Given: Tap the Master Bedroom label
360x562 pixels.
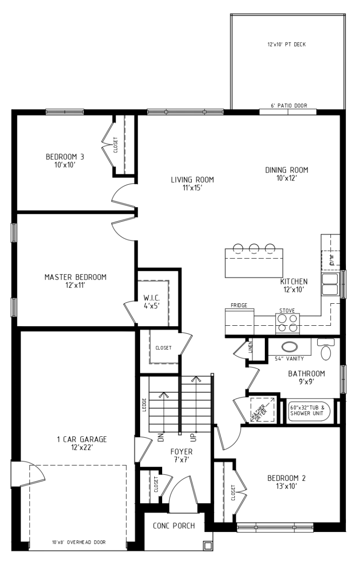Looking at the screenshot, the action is point(75,281).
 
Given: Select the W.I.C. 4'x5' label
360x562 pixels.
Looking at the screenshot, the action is point(151,301).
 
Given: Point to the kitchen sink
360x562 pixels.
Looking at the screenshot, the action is point(330,284).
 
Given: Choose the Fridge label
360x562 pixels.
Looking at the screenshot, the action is point(239,305).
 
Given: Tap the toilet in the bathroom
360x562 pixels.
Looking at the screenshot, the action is point(326,349).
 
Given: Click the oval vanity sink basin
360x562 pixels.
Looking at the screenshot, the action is point(289,347).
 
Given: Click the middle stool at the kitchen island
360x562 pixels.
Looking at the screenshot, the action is point(254,247).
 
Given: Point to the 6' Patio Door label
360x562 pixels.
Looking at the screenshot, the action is point(289,106).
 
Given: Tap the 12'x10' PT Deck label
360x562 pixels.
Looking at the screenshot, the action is point(286,45).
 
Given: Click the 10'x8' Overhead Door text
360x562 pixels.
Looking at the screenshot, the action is point(79,542).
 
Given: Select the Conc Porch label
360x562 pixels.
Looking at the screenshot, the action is point(174,526).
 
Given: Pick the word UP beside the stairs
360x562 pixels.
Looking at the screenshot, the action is point(193,437).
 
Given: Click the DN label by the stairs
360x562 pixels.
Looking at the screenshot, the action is point(161,437).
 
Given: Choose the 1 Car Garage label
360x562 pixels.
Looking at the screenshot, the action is point(82,442).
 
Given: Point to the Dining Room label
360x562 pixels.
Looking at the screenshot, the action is point(286,174).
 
